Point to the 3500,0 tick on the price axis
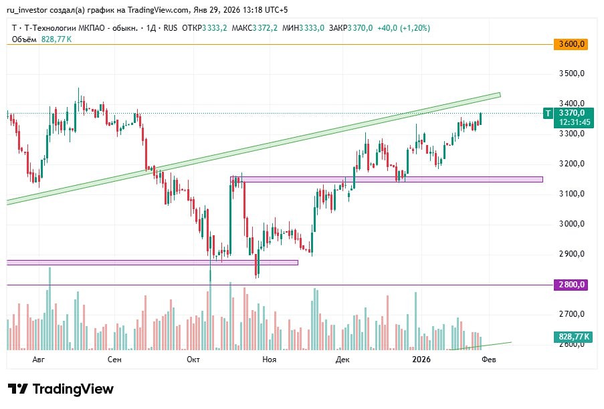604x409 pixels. point(572,74)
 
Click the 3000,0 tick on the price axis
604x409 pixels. point(572,224)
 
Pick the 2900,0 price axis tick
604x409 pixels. point(572,254)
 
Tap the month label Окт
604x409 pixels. point(193,360)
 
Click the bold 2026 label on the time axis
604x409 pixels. point(421,360)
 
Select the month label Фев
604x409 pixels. point(489,360)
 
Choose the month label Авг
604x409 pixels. point(38,360)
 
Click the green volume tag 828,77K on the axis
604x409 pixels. point(572,336)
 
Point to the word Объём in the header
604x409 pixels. point(24,39)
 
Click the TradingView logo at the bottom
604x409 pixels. point(61,389)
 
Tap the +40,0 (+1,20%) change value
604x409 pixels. point(403,28)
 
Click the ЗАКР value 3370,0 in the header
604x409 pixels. point(360,28)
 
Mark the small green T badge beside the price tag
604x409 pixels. point(548,114)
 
